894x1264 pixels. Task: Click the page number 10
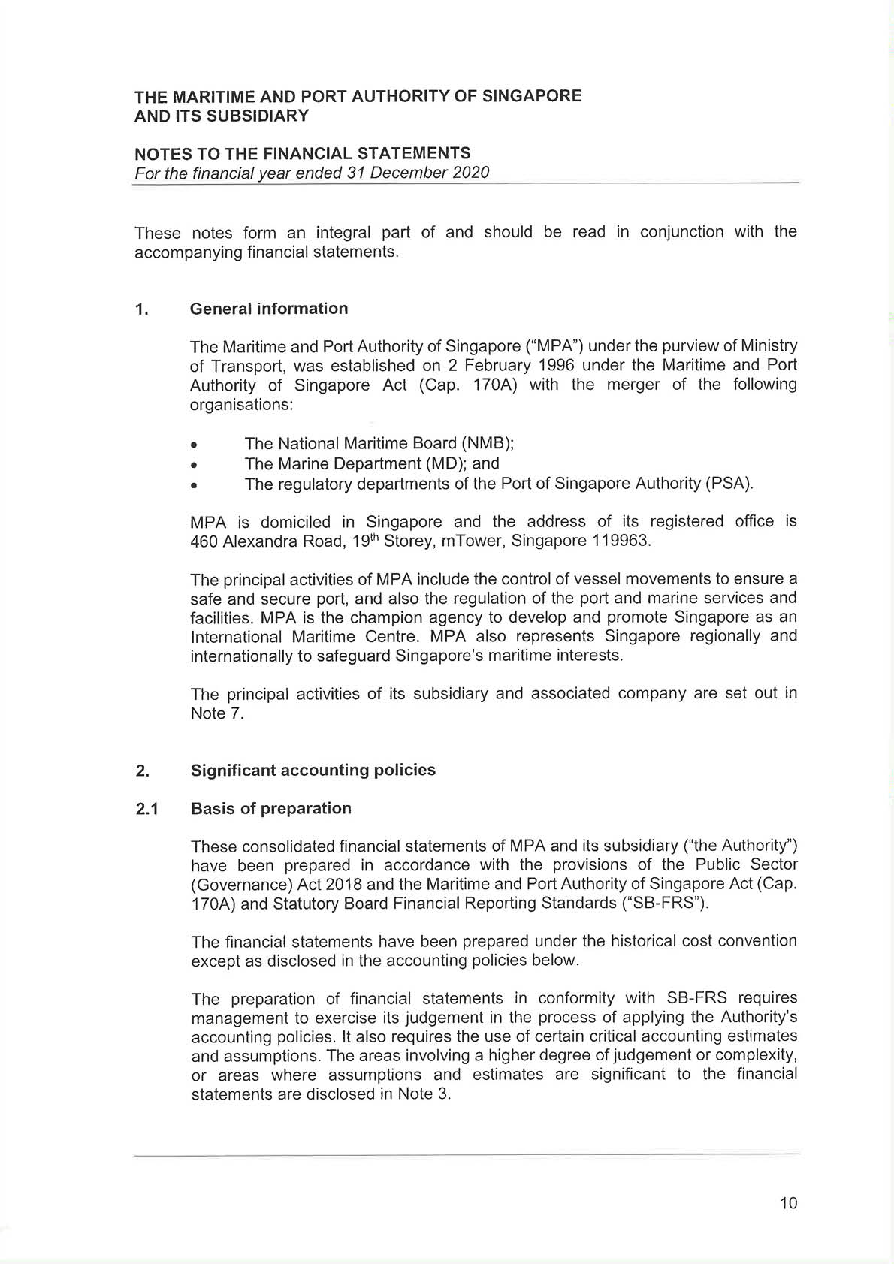788,1203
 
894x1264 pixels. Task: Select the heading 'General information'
269,309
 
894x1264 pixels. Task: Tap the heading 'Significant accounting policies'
313,770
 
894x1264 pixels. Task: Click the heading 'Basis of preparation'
271,808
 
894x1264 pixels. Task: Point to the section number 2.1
146,809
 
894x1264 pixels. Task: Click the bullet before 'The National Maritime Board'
195,444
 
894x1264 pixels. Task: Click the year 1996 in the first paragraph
557,365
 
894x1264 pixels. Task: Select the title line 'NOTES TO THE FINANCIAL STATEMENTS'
302,154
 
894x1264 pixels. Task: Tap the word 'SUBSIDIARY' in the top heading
257,116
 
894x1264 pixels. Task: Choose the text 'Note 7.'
217,713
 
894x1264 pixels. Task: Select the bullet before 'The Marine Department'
195,464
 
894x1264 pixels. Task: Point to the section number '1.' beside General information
141,309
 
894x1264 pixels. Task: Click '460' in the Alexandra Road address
204,541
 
